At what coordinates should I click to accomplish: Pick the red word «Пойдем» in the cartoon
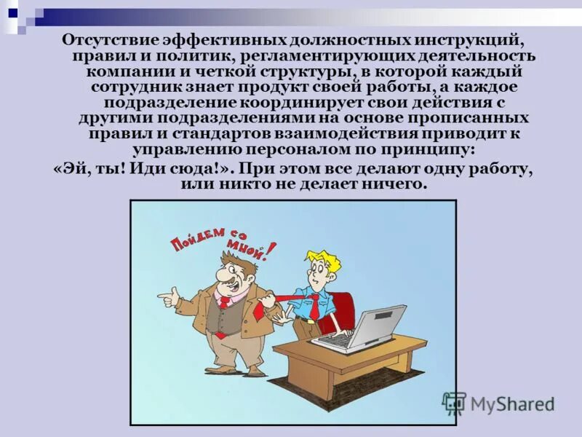[196, 241]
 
